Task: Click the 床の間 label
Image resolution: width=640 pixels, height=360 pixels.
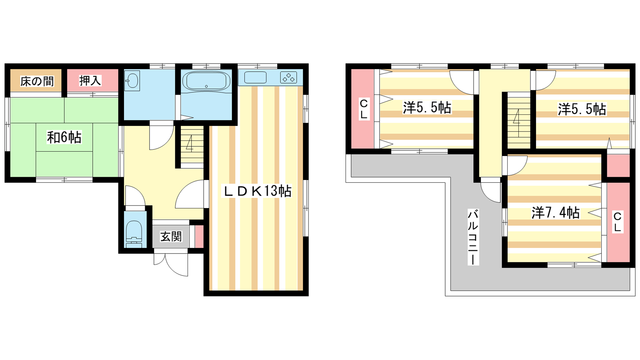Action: click(x=36, y=82)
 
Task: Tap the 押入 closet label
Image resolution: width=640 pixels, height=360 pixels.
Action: click(x=90, y=80)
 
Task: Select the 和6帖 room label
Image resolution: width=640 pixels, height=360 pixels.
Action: click(x=64, y=137)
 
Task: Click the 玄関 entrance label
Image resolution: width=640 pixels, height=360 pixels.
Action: click(x=171, y=236)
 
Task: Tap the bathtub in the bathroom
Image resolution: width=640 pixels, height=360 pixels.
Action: click(x=206, y=81)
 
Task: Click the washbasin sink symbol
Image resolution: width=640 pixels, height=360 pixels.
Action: click(x=132, y=81)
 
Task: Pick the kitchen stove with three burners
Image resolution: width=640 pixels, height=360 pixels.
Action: click(x=288, y=78)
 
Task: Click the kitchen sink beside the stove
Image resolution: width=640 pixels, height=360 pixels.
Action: click(x=255, y=78)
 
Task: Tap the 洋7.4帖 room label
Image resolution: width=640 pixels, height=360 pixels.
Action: click(x=556, y=213)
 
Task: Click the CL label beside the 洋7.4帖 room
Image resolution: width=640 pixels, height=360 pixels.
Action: click(x=617, y=222)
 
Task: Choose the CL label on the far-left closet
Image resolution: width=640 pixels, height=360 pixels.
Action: click(x=364, y=109)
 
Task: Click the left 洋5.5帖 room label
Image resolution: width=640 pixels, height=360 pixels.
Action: click(x=427, y=108)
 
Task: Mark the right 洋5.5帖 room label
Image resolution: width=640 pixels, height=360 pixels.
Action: click(x=582, y=109)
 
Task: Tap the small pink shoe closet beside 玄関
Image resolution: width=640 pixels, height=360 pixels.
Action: click(x=199, y=237)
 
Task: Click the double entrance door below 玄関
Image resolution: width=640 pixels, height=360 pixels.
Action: click(x=171, y=264)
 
